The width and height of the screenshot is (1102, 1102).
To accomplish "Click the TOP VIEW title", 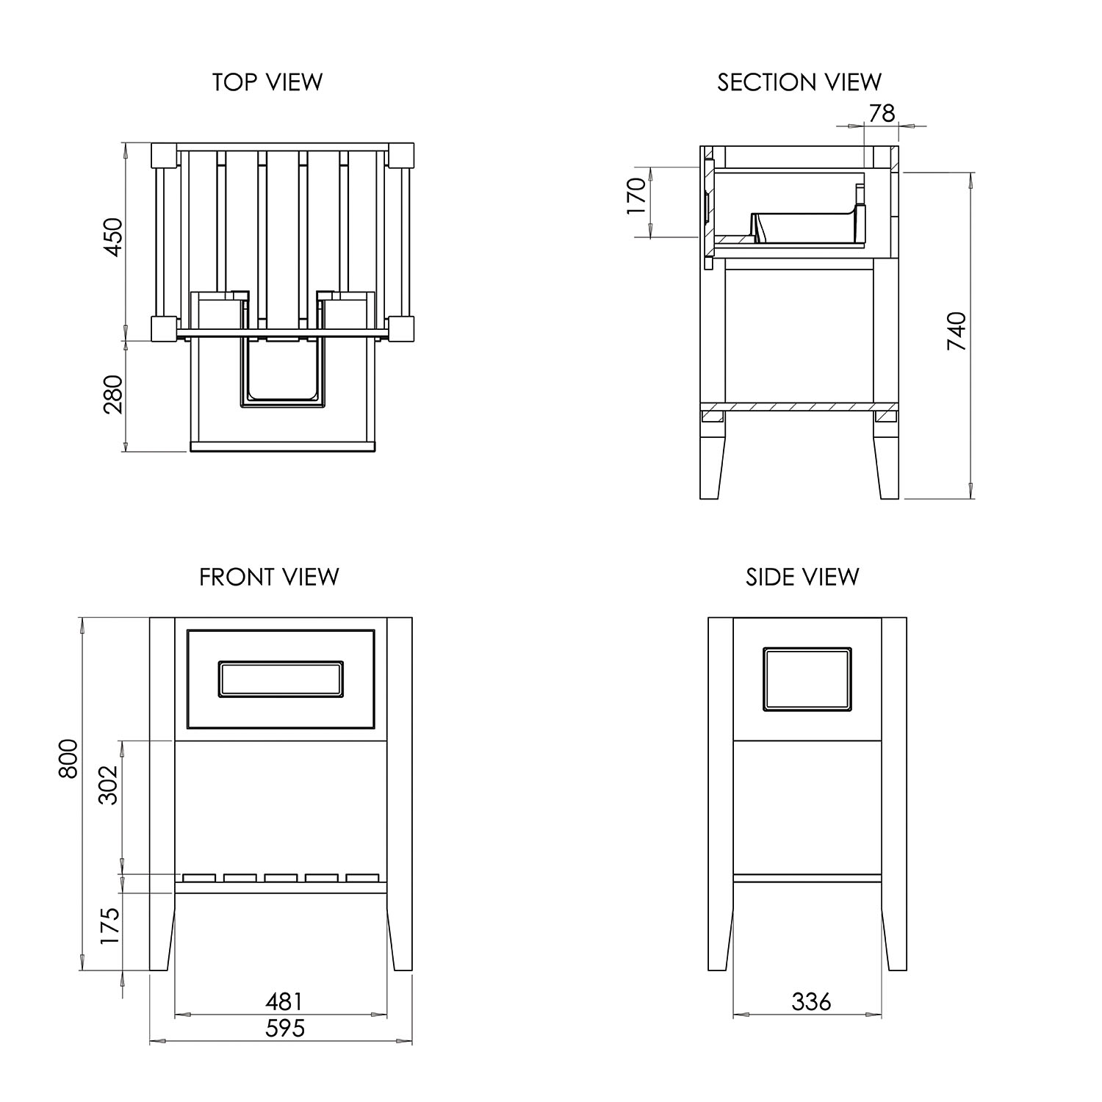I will point(267,82).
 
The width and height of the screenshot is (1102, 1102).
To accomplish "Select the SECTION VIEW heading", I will point(799,82).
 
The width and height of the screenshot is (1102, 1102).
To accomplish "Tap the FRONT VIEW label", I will point(269,577).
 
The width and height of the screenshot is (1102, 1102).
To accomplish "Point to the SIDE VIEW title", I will point(802,577).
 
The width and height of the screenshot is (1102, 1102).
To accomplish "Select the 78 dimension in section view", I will point(882,113).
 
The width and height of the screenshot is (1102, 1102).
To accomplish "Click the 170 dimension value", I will point(636,196).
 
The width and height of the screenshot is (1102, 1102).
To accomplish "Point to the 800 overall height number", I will point(68,757).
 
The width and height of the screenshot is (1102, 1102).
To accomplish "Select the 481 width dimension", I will point(283,1001).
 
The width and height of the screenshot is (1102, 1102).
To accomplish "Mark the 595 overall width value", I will point(284,1028).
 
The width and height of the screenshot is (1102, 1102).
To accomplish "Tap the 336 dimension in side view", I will point(811,1001).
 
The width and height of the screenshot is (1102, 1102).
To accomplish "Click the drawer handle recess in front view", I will point(281,678).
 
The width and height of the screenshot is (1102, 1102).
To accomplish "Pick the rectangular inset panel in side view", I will point(807,680).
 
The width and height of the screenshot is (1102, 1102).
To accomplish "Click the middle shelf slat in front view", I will point(281,877).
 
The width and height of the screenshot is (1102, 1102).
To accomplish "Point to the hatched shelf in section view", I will point(799,406).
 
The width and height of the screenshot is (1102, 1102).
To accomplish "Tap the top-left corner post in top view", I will point(164,156).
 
